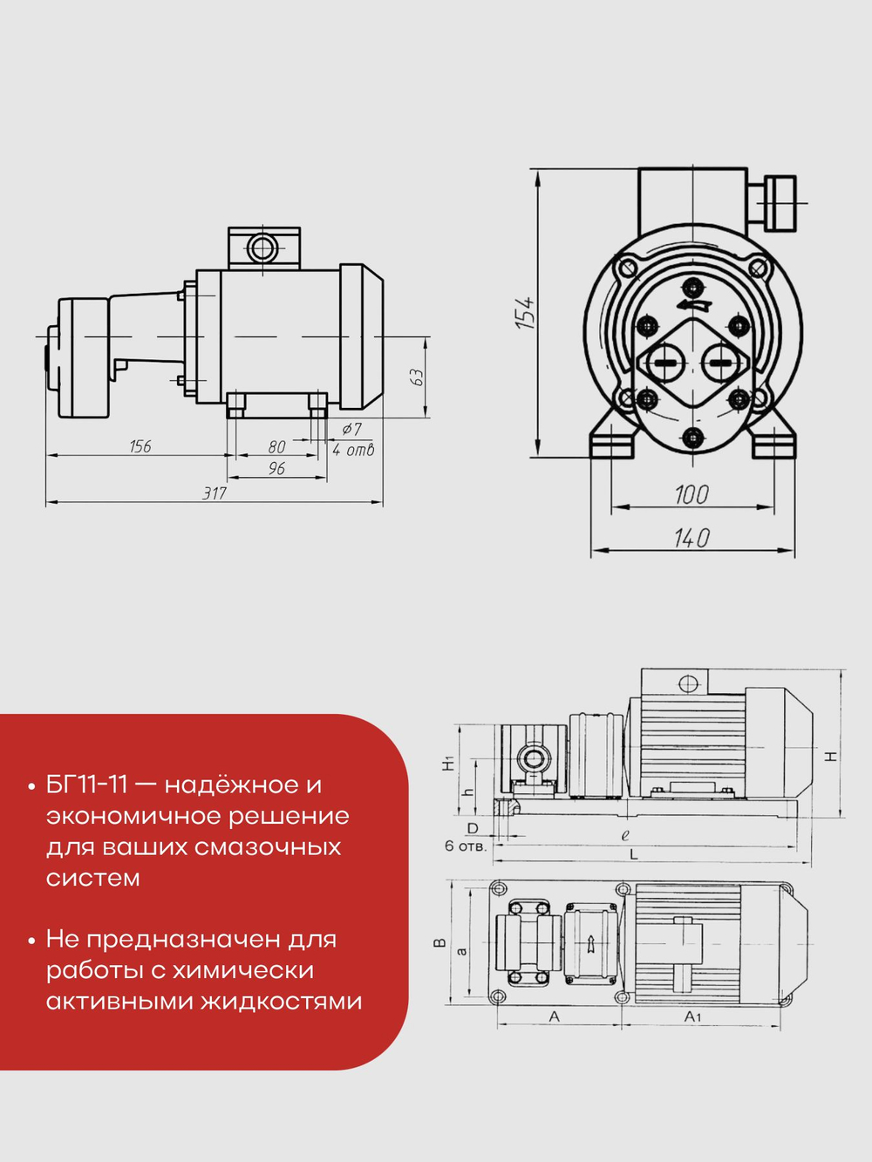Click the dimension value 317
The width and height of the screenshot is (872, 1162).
215,493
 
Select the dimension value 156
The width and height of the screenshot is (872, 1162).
140,446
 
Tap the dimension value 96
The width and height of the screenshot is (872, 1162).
276,469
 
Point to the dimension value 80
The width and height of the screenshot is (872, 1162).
276,447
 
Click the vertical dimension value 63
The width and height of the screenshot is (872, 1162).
417,377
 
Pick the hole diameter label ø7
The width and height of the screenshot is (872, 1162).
351,429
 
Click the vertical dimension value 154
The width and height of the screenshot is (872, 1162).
524,312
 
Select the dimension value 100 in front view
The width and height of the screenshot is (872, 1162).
691,495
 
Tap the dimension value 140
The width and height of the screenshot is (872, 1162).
691,539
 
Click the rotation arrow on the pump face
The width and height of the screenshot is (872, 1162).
692,304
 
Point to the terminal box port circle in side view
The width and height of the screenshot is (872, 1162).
262,248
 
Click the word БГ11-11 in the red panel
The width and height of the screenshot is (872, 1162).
87,785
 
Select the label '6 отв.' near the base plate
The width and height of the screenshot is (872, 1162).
466,846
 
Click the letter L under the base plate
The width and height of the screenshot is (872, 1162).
634,855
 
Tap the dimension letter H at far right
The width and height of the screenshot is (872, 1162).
831,756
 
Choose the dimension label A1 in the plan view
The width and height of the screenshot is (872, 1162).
692,1016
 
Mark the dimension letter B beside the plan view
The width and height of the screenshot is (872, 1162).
440,942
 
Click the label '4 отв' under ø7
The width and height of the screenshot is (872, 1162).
353,451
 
